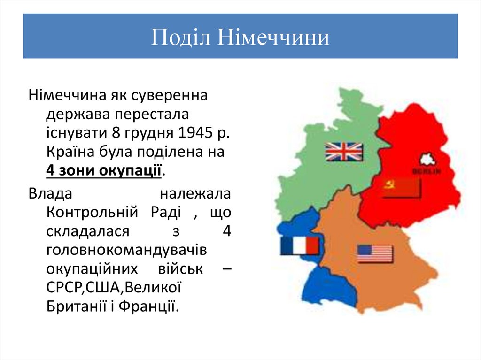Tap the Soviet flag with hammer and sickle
(402, 187)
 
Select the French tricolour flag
(300, 245)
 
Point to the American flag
(374, 253)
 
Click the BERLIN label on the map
(427, 171)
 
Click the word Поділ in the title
(180, 38)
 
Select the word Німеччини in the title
(272, 38)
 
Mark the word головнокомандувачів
(127, 250)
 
